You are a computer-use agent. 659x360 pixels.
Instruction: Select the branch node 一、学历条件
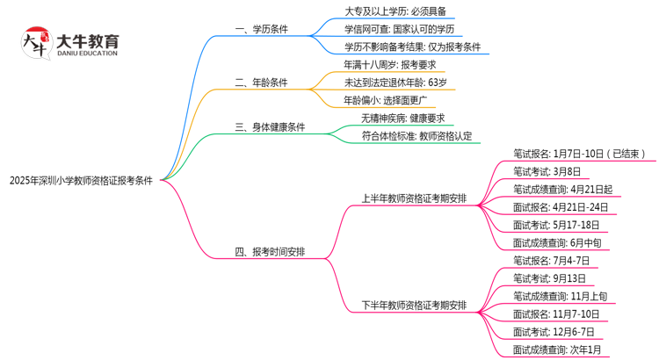[x=263, y=29]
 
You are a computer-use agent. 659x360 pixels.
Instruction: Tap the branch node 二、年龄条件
[x=263, y=83]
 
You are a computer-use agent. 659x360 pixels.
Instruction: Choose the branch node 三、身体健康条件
[x=271, y=127]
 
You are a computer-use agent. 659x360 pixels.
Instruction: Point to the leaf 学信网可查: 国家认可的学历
[x=400, y=29]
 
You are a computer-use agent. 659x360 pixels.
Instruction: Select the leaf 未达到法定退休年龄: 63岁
[x=395, y=83]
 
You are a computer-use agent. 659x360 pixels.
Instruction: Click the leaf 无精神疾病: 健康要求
[x=402, y=119]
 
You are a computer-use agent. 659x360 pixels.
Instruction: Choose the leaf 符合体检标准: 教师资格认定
[x=416, y=136]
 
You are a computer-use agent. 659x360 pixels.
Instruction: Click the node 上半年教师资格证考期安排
[x=415, y=198]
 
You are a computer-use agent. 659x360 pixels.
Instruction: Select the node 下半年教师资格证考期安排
[x=415, y=306]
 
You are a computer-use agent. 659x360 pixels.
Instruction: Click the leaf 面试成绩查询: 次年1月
[x=558, y=350]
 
